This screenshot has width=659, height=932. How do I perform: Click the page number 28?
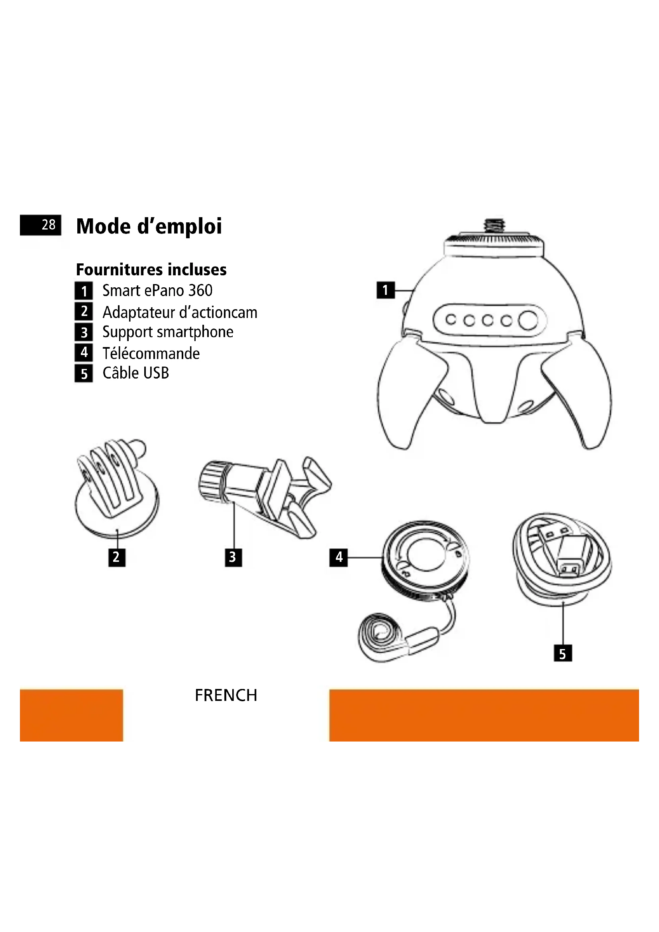pyautogui.click(x=48, y=224)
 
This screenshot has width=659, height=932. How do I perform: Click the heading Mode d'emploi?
pyautogui.click(x=149, y=226)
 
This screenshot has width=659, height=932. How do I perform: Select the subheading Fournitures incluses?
pyautogui.click(x=151, y=269)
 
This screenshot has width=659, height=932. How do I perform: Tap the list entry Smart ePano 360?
pyautogui.click(x=157, y=290)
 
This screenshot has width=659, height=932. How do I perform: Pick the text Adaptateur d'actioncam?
pyautogui.click(x=179, y=312)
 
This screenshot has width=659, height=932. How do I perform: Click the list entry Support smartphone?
pyautogui.click(x=168, y=332)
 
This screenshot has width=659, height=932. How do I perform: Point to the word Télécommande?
pyautogui.click(x=151, y=353)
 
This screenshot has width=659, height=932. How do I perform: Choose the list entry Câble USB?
pyautogui.click(x=135, y=373)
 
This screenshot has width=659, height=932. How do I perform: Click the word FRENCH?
pyautogui.click(x=226, y=695)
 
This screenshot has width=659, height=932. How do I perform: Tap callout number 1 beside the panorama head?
pyautogui.click(x=386, y=290)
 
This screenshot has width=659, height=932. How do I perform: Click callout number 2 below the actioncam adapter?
pyautogui.click(x=116, y=557)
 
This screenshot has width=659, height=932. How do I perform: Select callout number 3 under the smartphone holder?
pyautogui.click(x=233, y=557)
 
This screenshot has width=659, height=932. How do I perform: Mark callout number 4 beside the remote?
pyautogui.click(x=339, y=557)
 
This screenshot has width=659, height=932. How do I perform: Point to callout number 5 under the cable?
pyautogui.click(x=563, y=653)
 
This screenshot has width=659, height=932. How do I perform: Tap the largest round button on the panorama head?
pyautogui.click(x=528, y=320)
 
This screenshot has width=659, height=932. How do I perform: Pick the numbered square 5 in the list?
pyautogui.click(x=84, y=373)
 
